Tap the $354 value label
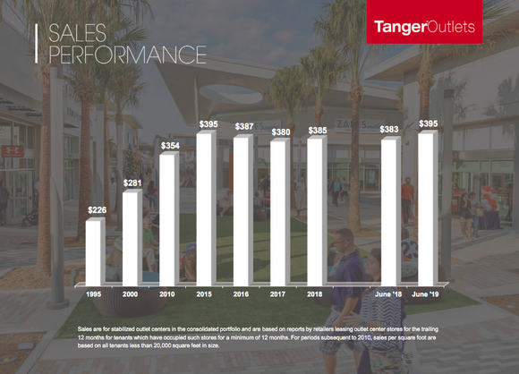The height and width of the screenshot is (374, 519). pyautogui.click(x=169, y=145)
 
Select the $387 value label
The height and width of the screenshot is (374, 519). pyautogui.click(x=243, y=127)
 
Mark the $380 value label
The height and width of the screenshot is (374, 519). pyautogui.click(x=280, y=132)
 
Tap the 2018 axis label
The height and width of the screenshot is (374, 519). pyautogui.click(x=317, y=293)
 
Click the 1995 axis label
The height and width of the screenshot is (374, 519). pyautogui.click(x=94, y=293)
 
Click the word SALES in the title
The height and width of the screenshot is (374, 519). pyautogui.click(x=80, y=34)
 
